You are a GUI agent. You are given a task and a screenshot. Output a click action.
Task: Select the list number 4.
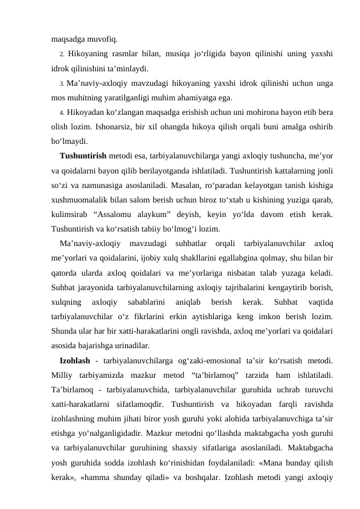point(63,112)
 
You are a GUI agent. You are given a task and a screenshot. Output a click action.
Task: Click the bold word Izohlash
point(76,359)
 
